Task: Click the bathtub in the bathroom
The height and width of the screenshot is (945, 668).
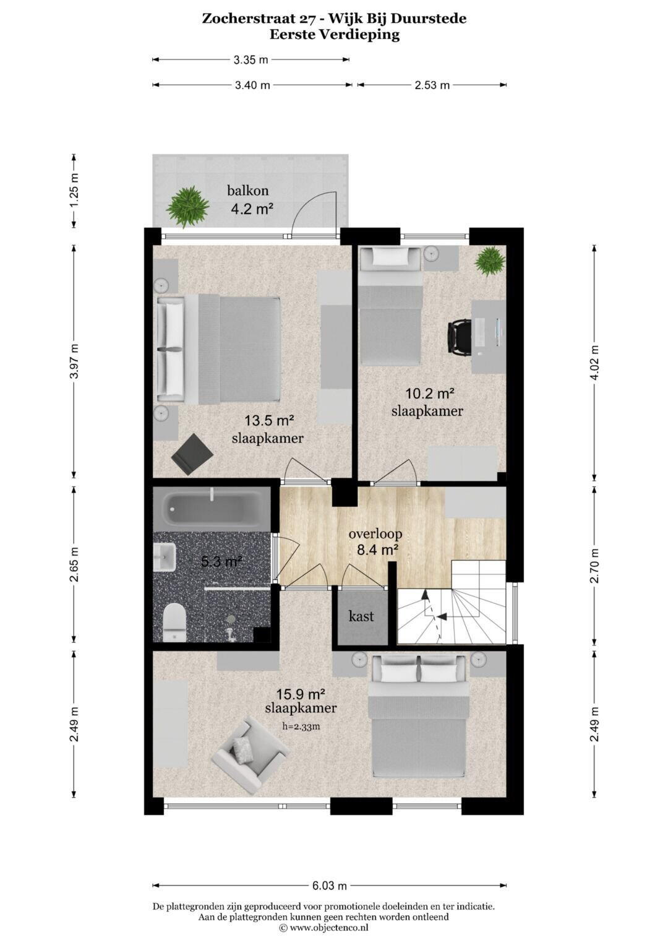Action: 212,508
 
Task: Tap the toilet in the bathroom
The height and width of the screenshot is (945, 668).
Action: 174,623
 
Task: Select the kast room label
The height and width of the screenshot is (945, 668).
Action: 361,616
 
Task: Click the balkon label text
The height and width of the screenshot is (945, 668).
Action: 248,191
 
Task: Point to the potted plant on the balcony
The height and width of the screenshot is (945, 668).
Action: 187,207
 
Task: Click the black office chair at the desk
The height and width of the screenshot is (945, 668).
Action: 459,332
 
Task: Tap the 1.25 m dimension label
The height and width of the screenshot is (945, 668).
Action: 74,191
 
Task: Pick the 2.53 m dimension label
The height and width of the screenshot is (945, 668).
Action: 432,85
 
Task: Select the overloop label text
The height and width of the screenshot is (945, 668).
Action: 375,533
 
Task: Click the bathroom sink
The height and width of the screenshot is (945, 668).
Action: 165,557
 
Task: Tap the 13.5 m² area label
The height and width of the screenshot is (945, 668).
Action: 269,421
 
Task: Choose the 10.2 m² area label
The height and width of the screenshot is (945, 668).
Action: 430,394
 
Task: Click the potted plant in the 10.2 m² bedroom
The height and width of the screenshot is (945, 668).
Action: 490,261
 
